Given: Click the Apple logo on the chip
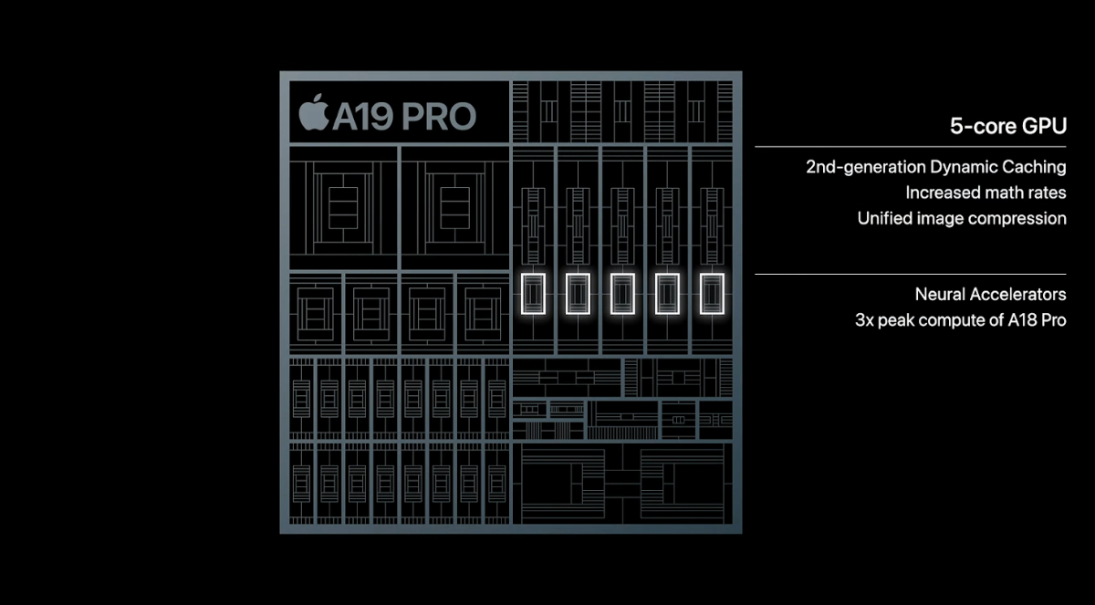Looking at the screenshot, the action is pyautogui.click(x=314, y=112).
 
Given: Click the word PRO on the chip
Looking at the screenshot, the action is pyautogui.click(x=439, y=117).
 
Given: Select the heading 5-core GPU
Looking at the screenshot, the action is pyautogui.click(x=1008, y=126).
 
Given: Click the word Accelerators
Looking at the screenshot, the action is pyautogui.click(x=1017, y=294).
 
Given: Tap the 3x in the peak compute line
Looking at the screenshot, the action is pyautogui.click(x=864, y=320).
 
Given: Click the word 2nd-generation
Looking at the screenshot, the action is pyautogui.click(x=866, y=167).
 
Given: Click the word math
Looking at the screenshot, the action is pyautogui.click(x=997, y=193).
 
